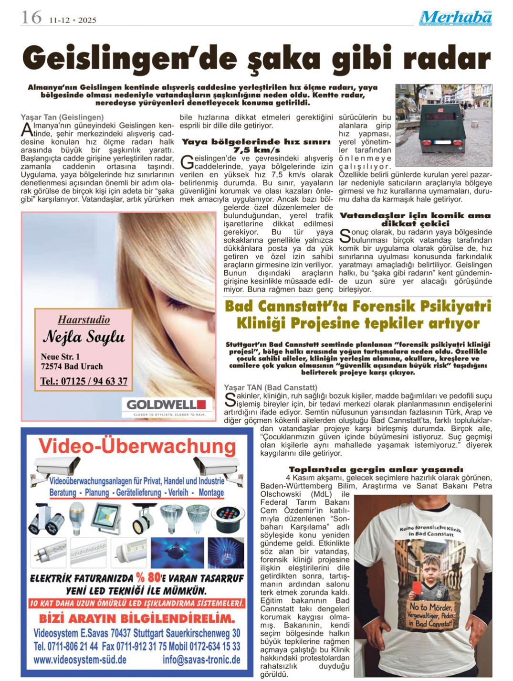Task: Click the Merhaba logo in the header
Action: coord(456,18)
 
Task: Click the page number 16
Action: coord(31,18)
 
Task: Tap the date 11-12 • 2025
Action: coord(73,20)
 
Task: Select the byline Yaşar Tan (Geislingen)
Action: coord(63,117)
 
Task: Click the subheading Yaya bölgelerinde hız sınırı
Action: coord(257,142)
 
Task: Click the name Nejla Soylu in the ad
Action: coord(84,337)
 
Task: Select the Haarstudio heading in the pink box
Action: coord(84,319)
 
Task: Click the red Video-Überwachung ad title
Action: coord(137,446)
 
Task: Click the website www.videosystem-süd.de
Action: coord(80,660)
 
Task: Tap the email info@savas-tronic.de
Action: coord(201,660)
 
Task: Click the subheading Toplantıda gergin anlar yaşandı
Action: coord(376,469)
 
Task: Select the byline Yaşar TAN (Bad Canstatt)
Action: coord(271,387)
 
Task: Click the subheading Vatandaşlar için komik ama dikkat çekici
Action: coord(415,219)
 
